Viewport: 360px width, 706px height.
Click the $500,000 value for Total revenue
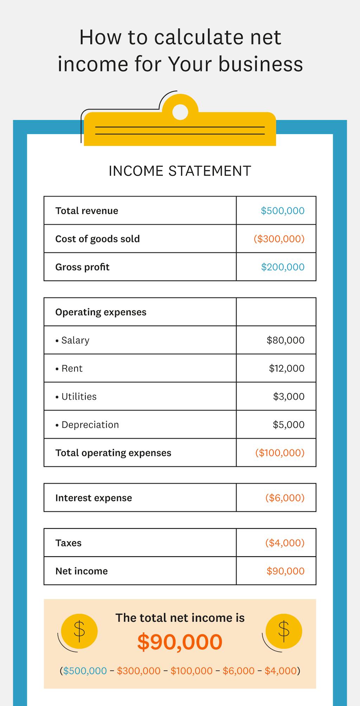click(282, 210)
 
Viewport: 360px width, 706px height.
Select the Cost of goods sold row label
click(97, 239)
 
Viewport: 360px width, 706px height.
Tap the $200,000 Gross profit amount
click(282, 267)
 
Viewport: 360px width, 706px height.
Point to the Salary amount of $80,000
click(285, 340)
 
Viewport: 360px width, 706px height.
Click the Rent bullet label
click(72, 368)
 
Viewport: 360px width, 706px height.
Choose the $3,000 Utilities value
click(289, 396)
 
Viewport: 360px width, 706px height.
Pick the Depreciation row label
click(90, 425)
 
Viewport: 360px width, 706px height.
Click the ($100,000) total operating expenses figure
click(280, 453)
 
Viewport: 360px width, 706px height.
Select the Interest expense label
click(94, 498)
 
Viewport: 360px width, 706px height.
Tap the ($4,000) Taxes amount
click(285, 543)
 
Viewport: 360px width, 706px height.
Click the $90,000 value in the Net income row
click(285, 571)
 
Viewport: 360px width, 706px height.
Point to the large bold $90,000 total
click(180, 642)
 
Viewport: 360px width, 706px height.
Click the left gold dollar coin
click(79, 631)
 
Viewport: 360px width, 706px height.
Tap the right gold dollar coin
click(284, 631)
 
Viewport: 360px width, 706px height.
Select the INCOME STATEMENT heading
click(180, 171)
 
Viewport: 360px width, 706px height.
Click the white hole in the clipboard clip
click(180, 112)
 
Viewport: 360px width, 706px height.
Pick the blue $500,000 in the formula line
click(85, 671)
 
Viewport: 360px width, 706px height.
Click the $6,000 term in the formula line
click(238, 671)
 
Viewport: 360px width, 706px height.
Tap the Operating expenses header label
click(101, 312)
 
